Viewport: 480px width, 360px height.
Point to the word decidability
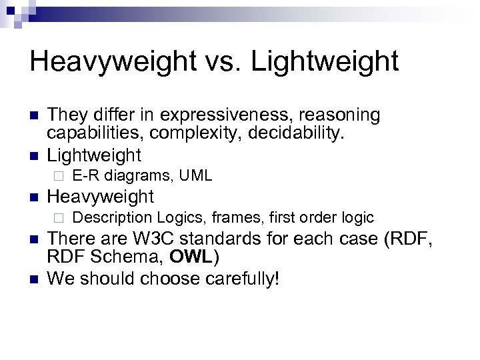[x=300, y=135]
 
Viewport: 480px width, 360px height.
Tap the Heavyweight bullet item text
[x=101, y=197]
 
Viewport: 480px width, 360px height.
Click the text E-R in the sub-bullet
[x=82, y=176]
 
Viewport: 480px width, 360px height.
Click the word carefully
[x=231, y=278]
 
